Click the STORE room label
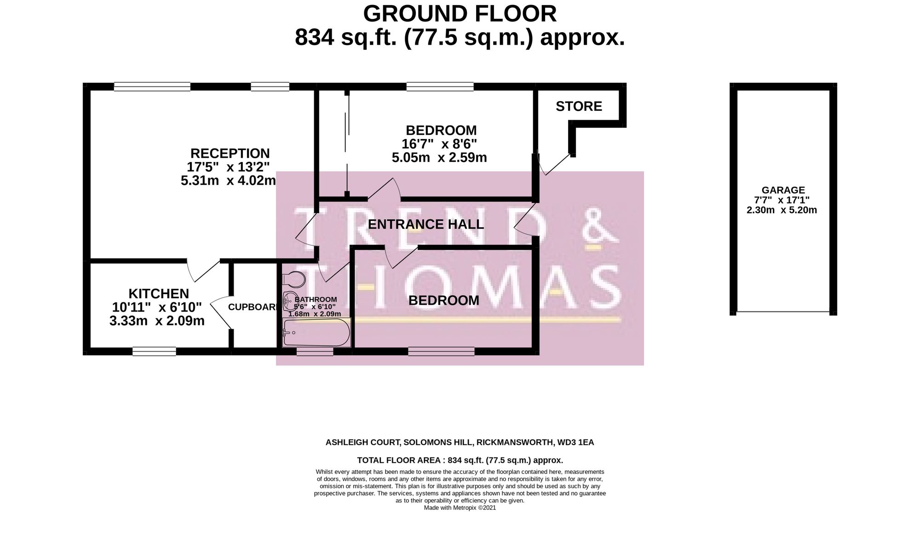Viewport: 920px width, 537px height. (x=579, y=106)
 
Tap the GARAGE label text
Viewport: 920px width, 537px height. (x=783, y=190)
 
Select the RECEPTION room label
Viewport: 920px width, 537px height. (x=230, y=153)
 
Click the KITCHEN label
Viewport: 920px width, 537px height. (x=158, y=294)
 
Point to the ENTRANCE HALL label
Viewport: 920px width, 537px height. (x=426, y=225)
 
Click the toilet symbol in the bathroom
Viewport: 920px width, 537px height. (x=294, y=279)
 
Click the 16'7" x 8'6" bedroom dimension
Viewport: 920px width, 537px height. (x=439, y=144)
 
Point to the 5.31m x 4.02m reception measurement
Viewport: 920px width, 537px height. (x=228, y=180)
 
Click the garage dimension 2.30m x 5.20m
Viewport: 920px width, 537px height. (x=782, y=210)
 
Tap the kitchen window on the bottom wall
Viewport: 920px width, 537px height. (x=154, y=352)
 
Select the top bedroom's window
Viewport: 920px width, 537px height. (x=440, y=87)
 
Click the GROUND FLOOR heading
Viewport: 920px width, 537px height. (x=460, y=14)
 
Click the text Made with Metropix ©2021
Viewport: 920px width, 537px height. (x=460, y=508)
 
